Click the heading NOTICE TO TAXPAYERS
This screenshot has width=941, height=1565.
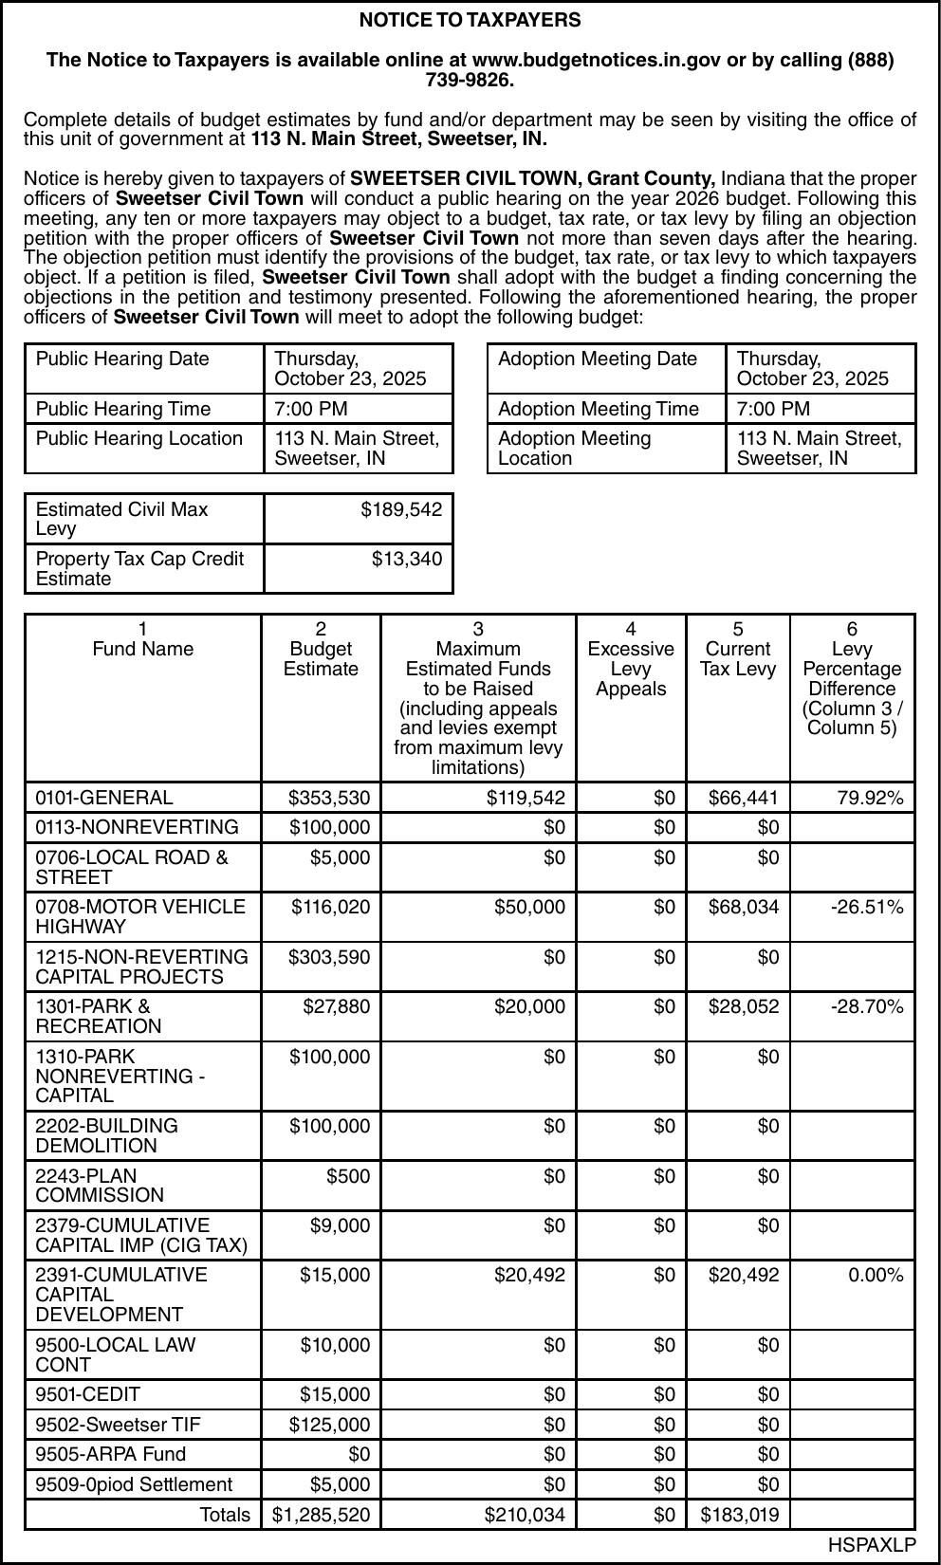tap(470, 20)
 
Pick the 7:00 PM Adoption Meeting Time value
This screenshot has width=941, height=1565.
tap(773, 409)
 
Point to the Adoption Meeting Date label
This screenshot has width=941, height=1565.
tap(598, 359)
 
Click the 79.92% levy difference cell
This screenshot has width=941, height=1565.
tap(870, 799)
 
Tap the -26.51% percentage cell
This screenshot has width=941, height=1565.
tap(867, 908)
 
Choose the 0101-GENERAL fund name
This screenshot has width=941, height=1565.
tap(104, 799)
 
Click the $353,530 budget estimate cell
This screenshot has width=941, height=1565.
tap(329, 799)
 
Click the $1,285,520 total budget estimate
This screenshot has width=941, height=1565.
tap(321, 1515)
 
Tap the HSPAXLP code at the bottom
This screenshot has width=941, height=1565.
tap(872, 1545)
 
